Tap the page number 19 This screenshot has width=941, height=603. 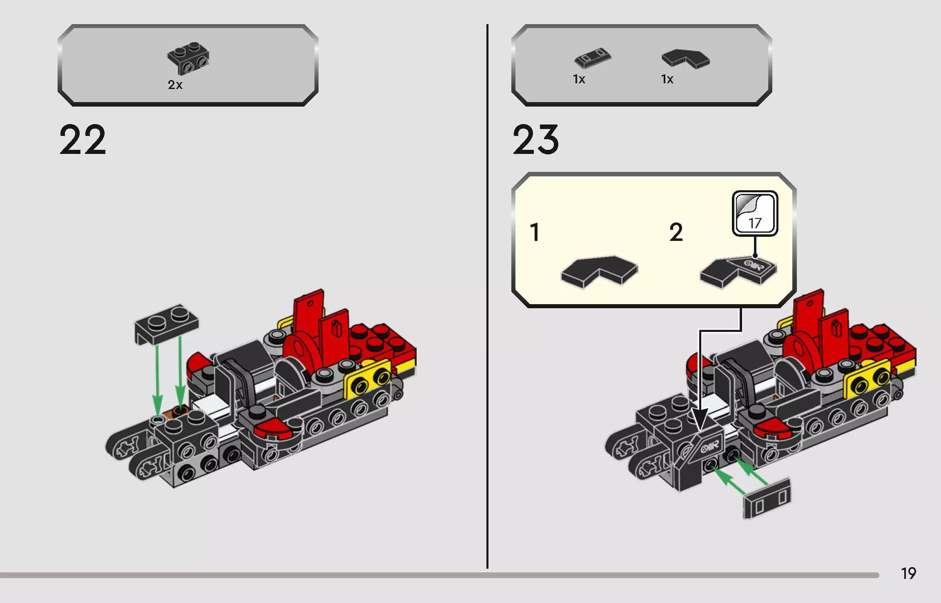click(x=908, y=573)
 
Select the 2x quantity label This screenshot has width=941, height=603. click(x=175, y=85)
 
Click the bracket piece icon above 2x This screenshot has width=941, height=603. click(x=188, y=58)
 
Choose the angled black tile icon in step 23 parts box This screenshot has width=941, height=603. click(x=685, y=58)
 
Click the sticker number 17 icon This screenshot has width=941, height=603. click(x=755, y=213)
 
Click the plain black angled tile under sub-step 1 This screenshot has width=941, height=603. click(x=599, y=271)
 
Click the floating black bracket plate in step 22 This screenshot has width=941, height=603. click(x=167, y=323)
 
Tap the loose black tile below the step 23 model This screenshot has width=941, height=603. click(x=767, y=498)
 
